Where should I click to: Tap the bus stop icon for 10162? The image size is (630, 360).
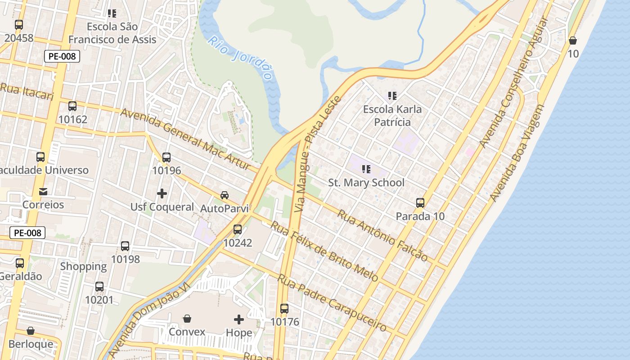point(72,106)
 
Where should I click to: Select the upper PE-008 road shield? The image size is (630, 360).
point(62,56)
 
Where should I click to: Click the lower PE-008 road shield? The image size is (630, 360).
point(27,233)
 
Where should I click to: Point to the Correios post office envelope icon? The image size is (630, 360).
point(43,192)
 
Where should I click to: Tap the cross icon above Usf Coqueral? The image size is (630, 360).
point(162,193)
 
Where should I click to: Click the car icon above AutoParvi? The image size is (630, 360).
point(224,195)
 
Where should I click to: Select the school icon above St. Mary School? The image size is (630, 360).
point(366,169)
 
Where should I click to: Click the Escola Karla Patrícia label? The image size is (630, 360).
point(392,116)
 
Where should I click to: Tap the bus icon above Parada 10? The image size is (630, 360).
point(420,203)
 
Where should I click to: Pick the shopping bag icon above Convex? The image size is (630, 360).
point(187,319)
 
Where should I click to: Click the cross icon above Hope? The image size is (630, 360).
point(239,319)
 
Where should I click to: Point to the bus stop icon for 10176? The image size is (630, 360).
point(284,309)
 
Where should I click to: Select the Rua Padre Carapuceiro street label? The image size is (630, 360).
point(332,303)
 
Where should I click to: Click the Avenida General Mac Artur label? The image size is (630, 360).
point(185,139)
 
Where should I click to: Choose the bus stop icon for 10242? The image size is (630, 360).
point(238,229)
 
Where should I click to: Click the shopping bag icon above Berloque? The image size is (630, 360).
point(31,331)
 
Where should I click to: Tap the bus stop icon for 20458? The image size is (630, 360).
point(19,25)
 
